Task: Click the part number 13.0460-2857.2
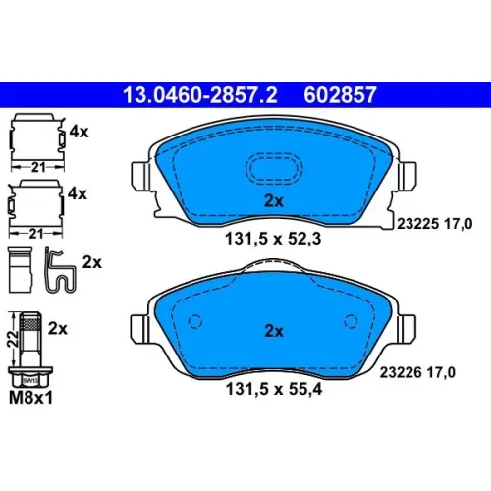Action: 200,95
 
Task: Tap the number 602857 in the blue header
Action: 340,95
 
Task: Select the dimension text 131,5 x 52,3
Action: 273,239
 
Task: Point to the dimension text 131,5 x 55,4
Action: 274,389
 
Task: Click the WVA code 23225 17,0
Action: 435,224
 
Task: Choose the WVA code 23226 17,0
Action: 417,372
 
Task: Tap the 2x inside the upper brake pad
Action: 274,201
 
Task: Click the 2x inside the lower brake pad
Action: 274,331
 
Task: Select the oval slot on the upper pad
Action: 274,169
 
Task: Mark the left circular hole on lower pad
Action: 195,321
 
